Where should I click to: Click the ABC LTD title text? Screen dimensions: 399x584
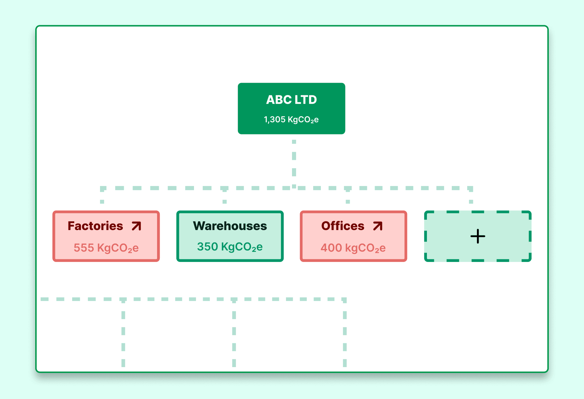(x=291, y=100)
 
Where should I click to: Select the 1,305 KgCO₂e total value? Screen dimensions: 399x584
(x=291, y=120)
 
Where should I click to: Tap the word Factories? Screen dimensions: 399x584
(x=95, y=226)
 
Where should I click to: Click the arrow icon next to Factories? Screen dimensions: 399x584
(x=137, y=226)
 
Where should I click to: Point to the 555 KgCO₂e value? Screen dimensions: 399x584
(x=106, y=248)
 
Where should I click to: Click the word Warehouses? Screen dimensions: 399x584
(x=230, y=226)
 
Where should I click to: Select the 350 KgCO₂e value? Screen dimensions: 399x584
(x=230, y=247)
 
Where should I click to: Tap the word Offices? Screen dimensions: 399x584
(x=343, y=226)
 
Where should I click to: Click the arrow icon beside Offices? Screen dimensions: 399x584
(x=378, y=226)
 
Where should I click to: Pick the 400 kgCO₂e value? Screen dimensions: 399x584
(x=353, y=248)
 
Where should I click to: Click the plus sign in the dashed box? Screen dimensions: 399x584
(x=478, y=236)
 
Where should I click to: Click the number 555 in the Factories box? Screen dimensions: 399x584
(x=84, y=248)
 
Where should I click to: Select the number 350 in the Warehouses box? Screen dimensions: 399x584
(x=207, y=247)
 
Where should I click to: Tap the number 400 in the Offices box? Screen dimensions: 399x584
(x=331, y=248)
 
